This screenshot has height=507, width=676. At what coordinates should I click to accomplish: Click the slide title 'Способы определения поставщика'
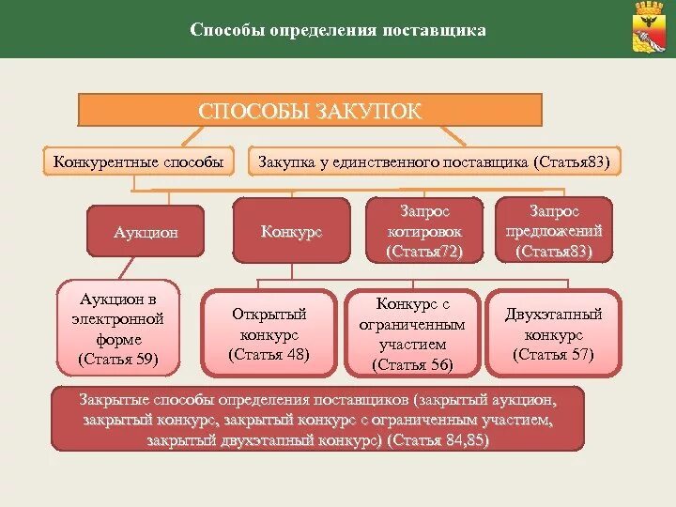338,30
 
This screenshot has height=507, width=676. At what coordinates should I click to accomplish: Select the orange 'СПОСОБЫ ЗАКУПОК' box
310,111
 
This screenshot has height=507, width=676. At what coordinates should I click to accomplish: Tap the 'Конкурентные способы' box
138,161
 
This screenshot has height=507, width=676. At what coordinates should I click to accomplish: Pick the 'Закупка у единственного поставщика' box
434,161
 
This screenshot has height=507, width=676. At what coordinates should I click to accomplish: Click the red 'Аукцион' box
145,231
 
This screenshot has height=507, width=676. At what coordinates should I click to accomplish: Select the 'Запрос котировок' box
423,231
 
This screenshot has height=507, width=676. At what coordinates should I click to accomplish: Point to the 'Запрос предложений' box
553,231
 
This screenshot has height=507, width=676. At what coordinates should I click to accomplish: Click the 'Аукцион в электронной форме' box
118,324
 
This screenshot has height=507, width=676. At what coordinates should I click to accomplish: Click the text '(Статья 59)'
118,360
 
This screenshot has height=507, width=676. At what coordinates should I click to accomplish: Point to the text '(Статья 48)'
269,355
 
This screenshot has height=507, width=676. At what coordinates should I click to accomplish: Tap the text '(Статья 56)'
412,365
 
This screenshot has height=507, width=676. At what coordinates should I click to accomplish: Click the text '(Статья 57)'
553,355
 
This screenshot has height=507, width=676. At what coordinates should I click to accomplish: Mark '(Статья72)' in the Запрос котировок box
423,252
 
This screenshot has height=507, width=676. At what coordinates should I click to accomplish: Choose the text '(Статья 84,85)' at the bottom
438,440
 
